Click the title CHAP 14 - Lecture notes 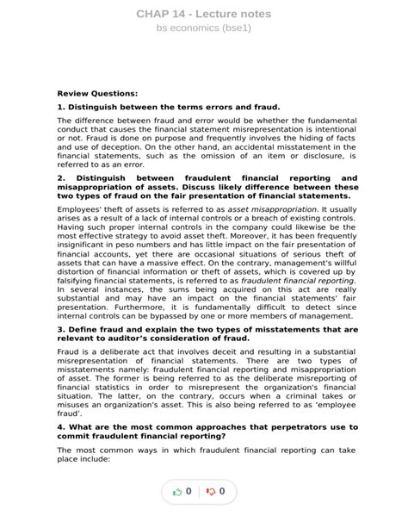203,14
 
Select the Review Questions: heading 96,93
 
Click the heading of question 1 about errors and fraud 169,108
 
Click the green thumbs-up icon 177,492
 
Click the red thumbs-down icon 211,492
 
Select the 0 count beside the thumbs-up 189,492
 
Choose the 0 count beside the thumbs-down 223,492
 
